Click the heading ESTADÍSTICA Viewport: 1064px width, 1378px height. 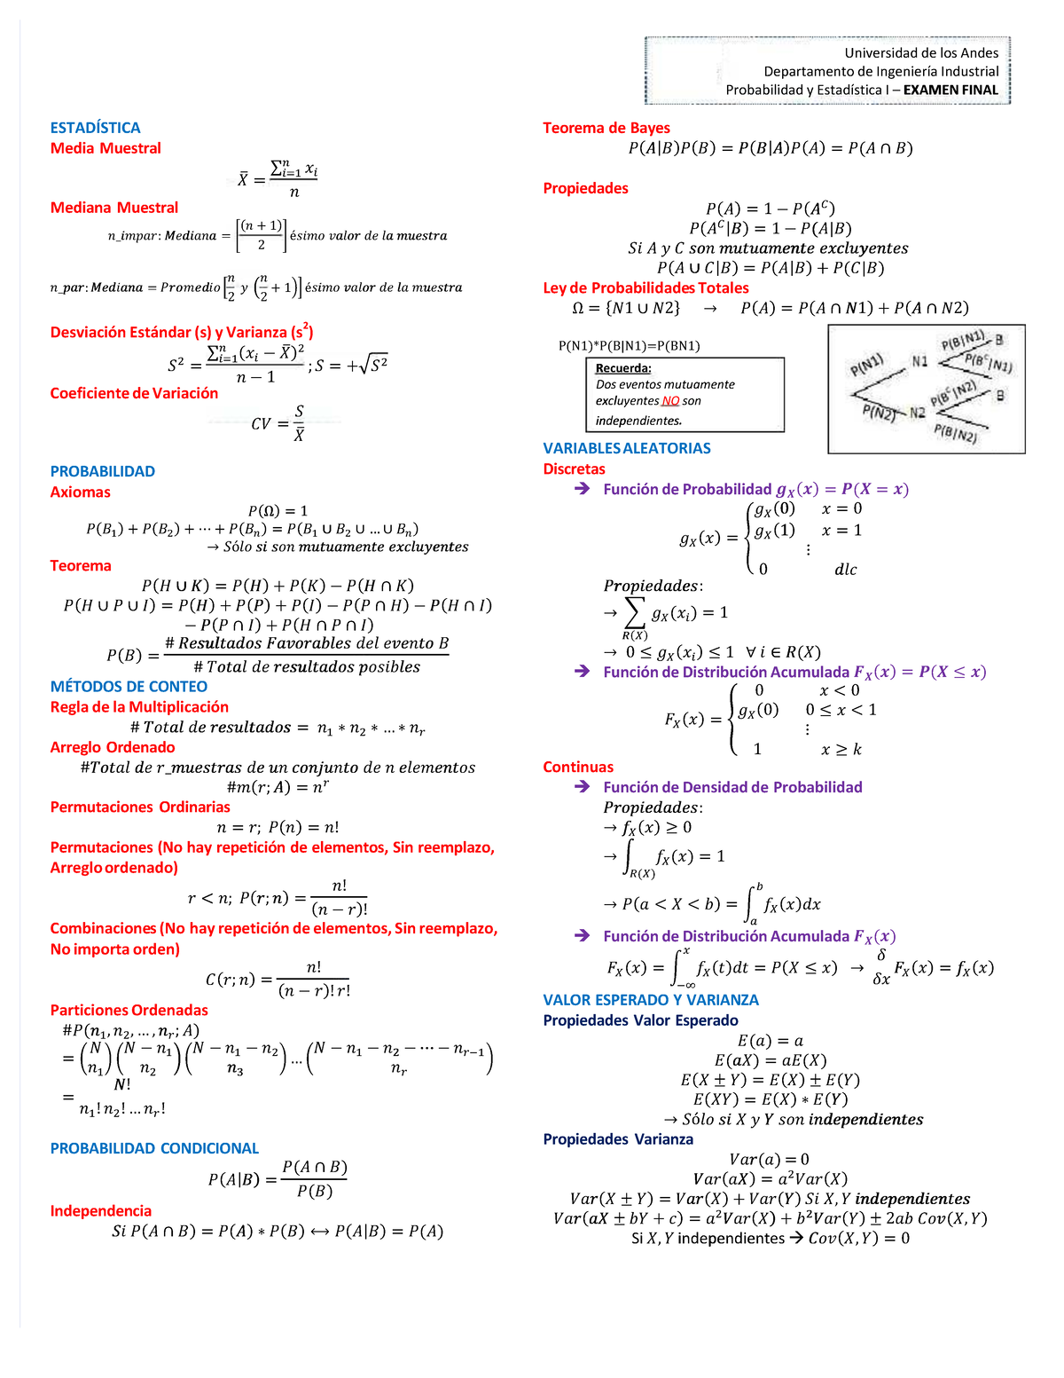point(95,128)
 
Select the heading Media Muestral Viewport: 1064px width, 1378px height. point(106,148)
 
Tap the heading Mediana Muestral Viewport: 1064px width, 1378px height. point(114,208)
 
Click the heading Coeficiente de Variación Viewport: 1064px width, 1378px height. point(134,393)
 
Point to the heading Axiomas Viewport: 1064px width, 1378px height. point(80,492)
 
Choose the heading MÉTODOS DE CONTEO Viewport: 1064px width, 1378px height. point(129,687)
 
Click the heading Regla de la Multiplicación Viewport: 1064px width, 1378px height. point(139,707)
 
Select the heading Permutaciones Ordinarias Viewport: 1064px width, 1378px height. point(140,807)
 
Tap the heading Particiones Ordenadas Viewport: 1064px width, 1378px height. point(129,1011)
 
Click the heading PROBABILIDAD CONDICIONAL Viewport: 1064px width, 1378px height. point(154,1148)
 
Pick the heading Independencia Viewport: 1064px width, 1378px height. point(100,1211)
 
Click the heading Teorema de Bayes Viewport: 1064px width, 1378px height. point(606,128)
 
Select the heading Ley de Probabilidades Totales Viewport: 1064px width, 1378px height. point(645,288)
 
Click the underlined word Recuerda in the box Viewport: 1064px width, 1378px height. point(623,368)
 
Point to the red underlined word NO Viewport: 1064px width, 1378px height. point(670,401)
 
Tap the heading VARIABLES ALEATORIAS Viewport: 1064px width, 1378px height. point(627,449)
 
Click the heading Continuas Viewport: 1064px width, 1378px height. point(578,768)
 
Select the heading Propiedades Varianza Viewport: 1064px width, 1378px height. point(618,1139)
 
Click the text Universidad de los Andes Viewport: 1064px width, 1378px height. point(921,53)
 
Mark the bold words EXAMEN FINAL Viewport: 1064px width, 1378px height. point(951,90)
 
